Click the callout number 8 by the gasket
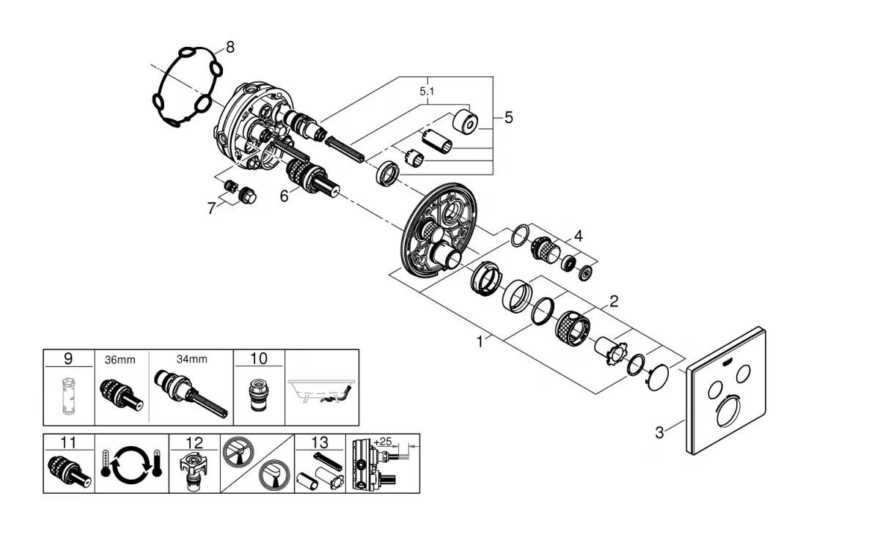click(x=230, y=48)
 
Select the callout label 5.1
click(x=426, y=92)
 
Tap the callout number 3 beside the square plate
click(x=659, y=433)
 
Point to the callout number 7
click(x=211, y=208)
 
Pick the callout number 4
click(x=578, y=236)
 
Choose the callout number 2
click(x=613, y=300)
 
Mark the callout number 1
click(x=480, y=341)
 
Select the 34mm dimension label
click(x=191, y=359)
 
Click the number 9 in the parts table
click(x=68, y=359)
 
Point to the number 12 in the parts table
click(x=194, y=442)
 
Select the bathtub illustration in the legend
click(x=321, y=391)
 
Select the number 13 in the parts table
click(x=320, y=442)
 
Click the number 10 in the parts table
click(x=258, y=359)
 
